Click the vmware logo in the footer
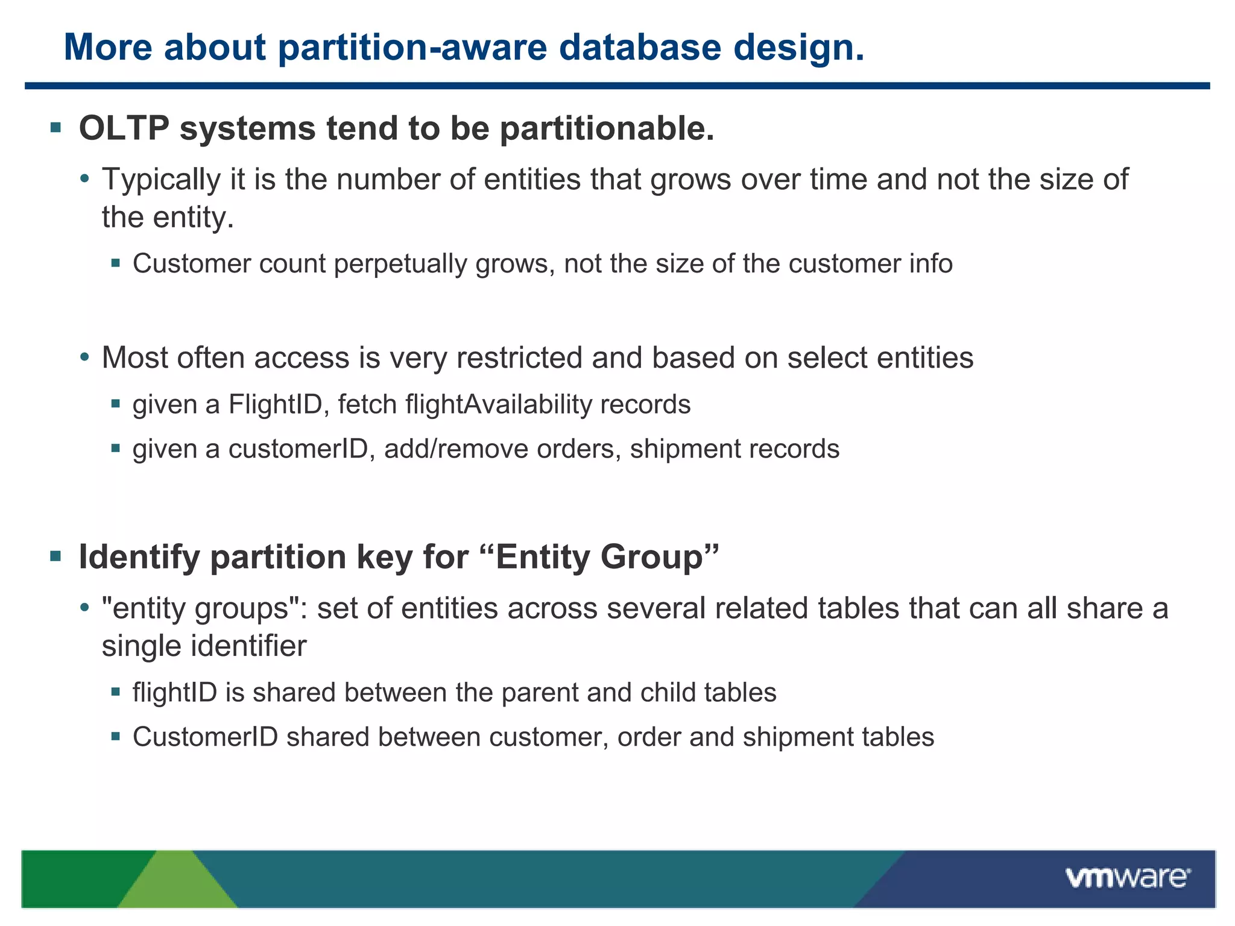pos(1127,878)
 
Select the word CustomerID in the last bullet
pos(205,737)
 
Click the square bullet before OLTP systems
pos(56,127)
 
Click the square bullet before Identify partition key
pos(56,555)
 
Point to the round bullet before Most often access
pos(85,357)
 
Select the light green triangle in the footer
pos(176,884)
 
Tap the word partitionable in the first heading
pos(607,128)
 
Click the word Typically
pos(161,180)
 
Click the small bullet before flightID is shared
pos(116,692)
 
